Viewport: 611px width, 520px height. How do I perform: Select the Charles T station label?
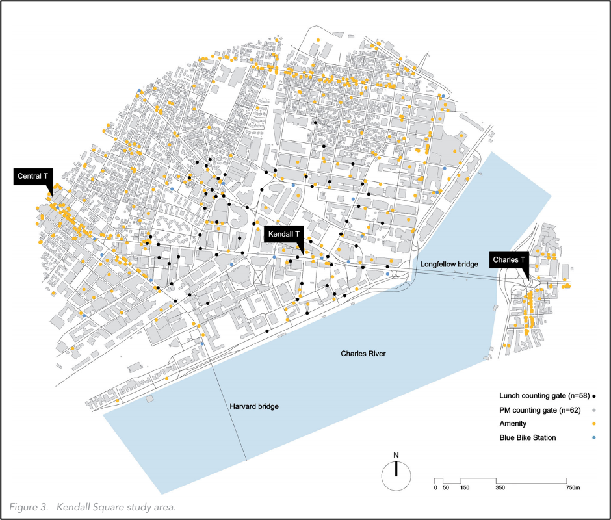[509, 259]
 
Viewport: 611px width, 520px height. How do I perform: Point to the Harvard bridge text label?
[254, 406]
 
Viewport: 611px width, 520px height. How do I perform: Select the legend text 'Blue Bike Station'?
[528, 438]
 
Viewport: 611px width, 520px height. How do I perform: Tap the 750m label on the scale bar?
[572, 487]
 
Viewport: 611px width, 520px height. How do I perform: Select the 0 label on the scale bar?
[435, 487]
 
